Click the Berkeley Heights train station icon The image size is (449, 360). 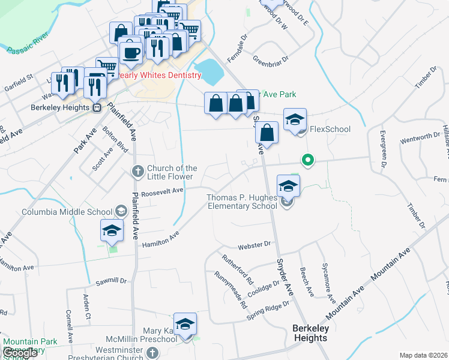(96, 108)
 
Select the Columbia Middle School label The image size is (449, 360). (67, 212)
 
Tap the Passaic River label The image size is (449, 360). (28, 48)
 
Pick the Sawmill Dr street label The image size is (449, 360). (111, 281)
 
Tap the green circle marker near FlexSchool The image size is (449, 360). (308, 160)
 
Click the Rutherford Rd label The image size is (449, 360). (238, 269)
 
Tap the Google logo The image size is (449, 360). (19, 353)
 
